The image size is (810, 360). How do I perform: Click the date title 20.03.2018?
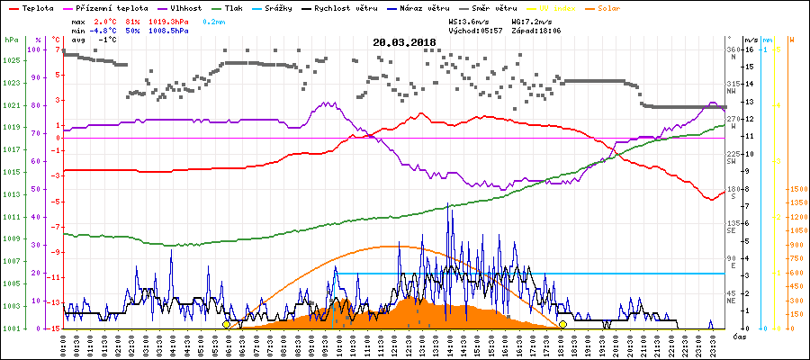404,41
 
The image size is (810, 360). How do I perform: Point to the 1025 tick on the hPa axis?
11,60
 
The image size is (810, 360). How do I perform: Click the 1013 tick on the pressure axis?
11,194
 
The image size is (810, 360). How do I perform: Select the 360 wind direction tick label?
733,50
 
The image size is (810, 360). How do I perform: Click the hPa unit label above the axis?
11,40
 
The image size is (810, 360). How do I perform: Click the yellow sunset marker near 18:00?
562,324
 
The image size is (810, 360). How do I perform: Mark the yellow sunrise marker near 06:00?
226,324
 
